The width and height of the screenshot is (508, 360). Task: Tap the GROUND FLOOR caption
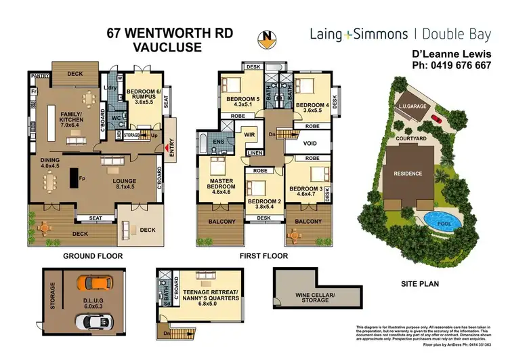[x=93, y=256]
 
